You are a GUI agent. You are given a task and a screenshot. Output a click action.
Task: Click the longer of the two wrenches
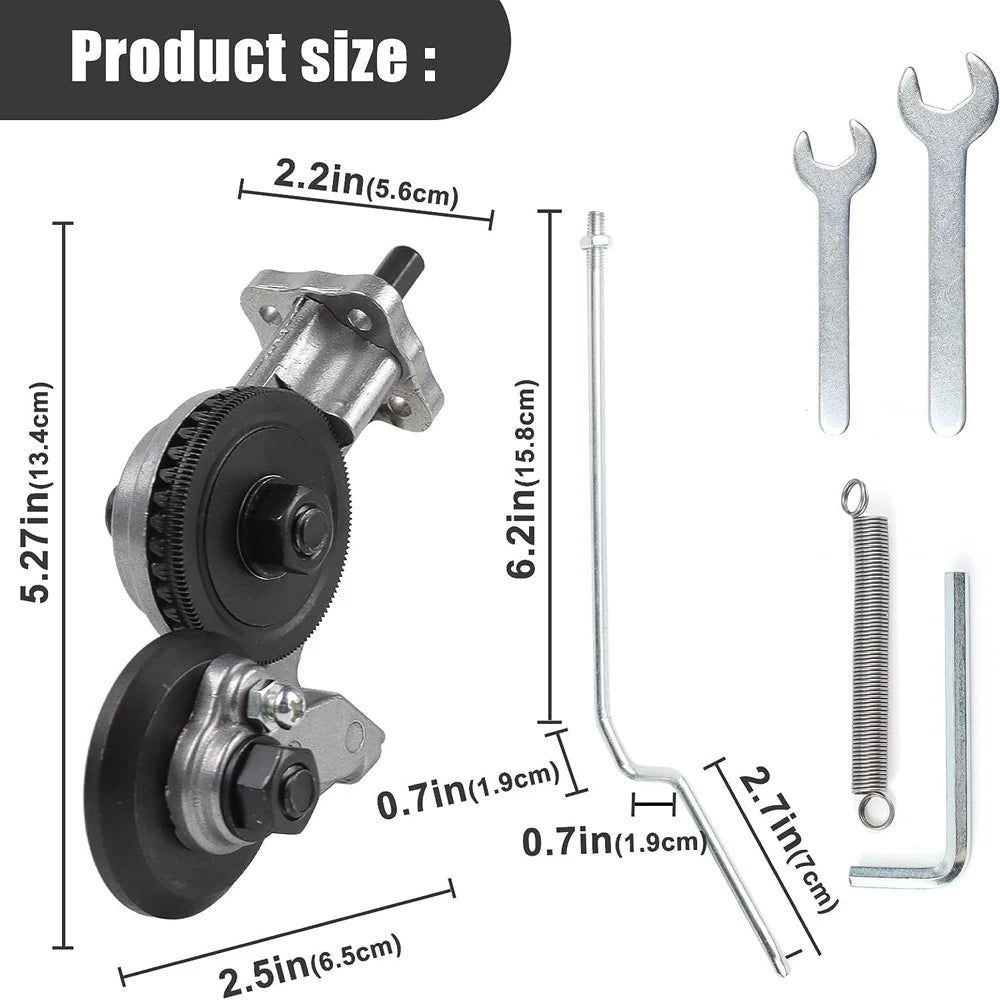[946, 250]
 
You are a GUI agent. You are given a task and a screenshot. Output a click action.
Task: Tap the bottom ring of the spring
[877, 808]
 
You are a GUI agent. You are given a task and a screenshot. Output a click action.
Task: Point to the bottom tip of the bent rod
[780, 965]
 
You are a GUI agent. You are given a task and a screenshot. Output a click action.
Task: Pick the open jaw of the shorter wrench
[835, 145]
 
